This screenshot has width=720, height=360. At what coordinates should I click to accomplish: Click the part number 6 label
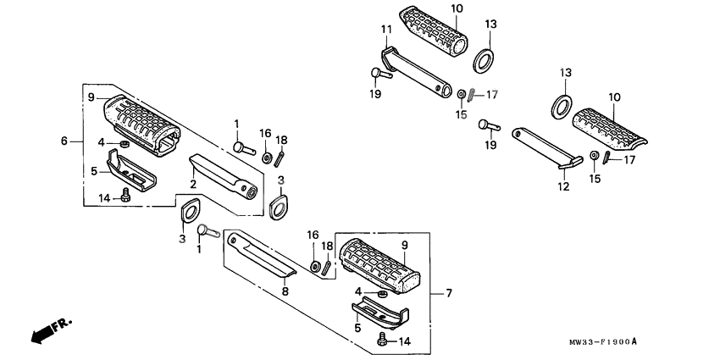(64, 141)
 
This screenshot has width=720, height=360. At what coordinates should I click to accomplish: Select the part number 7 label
(448, 293)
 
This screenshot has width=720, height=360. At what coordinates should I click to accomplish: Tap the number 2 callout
(192, 184)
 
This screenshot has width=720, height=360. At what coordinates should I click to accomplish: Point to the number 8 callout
(285, 291)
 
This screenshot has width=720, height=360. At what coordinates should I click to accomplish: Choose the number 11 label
(385, 30)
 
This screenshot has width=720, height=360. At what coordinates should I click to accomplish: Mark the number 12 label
(563, 186)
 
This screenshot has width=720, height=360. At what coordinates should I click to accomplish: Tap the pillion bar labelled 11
(415, 72)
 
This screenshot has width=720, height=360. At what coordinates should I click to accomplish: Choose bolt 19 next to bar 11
(379, 75)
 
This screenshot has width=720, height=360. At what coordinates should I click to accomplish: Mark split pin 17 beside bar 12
(607, 160)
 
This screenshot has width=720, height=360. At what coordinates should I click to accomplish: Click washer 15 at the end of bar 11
(460, 93)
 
